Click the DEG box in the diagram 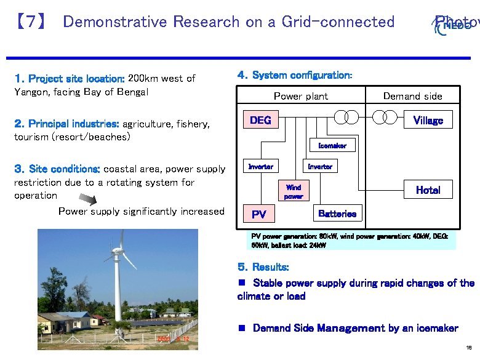(260, 120)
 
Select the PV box (259, 214)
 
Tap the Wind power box (294, 191)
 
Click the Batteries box (337, 214)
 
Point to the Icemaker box (332, 146)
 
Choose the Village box (428, 120)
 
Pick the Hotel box (428, 190)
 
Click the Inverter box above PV (260, 167)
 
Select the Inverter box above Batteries (320, 167)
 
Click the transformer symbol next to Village (390, 117)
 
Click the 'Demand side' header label (412, 96)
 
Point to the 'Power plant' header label (300, 96)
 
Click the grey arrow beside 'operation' (88, 198)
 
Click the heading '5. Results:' (263, 268)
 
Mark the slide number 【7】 (30, 22)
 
